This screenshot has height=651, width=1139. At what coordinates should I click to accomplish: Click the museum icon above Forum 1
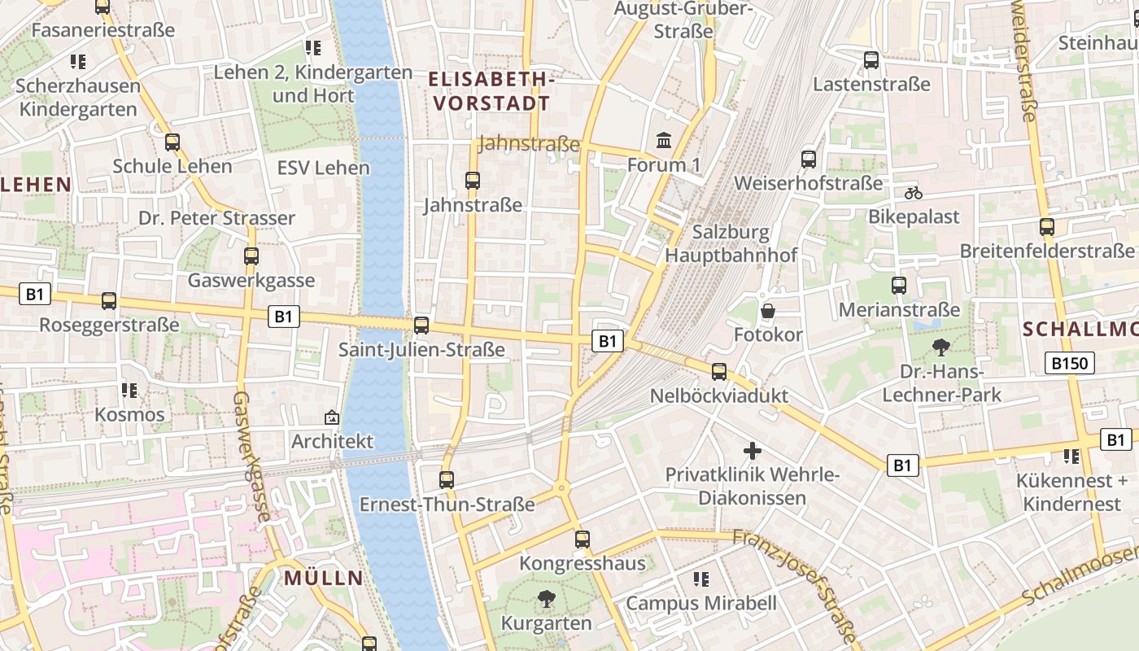click(664, 141)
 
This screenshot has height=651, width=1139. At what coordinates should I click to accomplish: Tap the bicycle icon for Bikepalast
click(914, 193)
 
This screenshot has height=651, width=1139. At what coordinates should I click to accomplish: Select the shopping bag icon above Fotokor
click(767, 311)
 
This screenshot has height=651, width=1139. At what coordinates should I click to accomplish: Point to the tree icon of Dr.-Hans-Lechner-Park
click(941, 347)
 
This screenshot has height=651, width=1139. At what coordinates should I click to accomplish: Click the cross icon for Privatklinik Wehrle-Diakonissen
click(753, 450)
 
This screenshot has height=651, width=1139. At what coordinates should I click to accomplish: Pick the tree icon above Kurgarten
click(546, 600)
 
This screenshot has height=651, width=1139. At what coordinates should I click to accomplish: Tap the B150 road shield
click(1069, 363)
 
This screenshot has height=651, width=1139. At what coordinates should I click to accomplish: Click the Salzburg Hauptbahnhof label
click(731, 243)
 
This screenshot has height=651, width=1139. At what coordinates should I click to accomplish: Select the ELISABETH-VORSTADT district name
click(491, 91)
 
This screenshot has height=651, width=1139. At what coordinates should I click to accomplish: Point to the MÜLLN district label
click(324, 579)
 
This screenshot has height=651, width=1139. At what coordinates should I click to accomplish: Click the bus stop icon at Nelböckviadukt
click(719, 372)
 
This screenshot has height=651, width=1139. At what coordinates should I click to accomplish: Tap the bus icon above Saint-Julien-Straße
click(421, 325)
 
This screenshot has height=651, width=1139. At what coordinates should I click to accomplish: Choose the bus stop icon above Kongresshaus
click(583, 539)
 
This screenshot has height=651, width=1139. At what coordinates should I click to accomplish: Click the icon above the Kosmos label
click(129, 391)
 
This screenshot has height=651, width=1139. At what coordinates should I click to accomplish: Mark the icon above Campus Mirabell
click(700, 579)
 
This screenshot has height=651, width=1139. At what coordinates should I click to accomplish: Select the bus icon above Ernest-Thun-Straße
click(447, 480)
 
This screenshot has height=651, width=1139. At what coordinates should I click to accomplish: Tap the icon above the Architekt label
click(332, 417)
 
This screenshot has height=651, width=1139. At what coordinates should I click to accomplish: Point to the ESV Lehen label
click(324, 168)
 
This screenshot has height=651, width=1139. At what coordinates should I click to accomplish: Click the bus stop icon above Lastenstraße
click(871, 59)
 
